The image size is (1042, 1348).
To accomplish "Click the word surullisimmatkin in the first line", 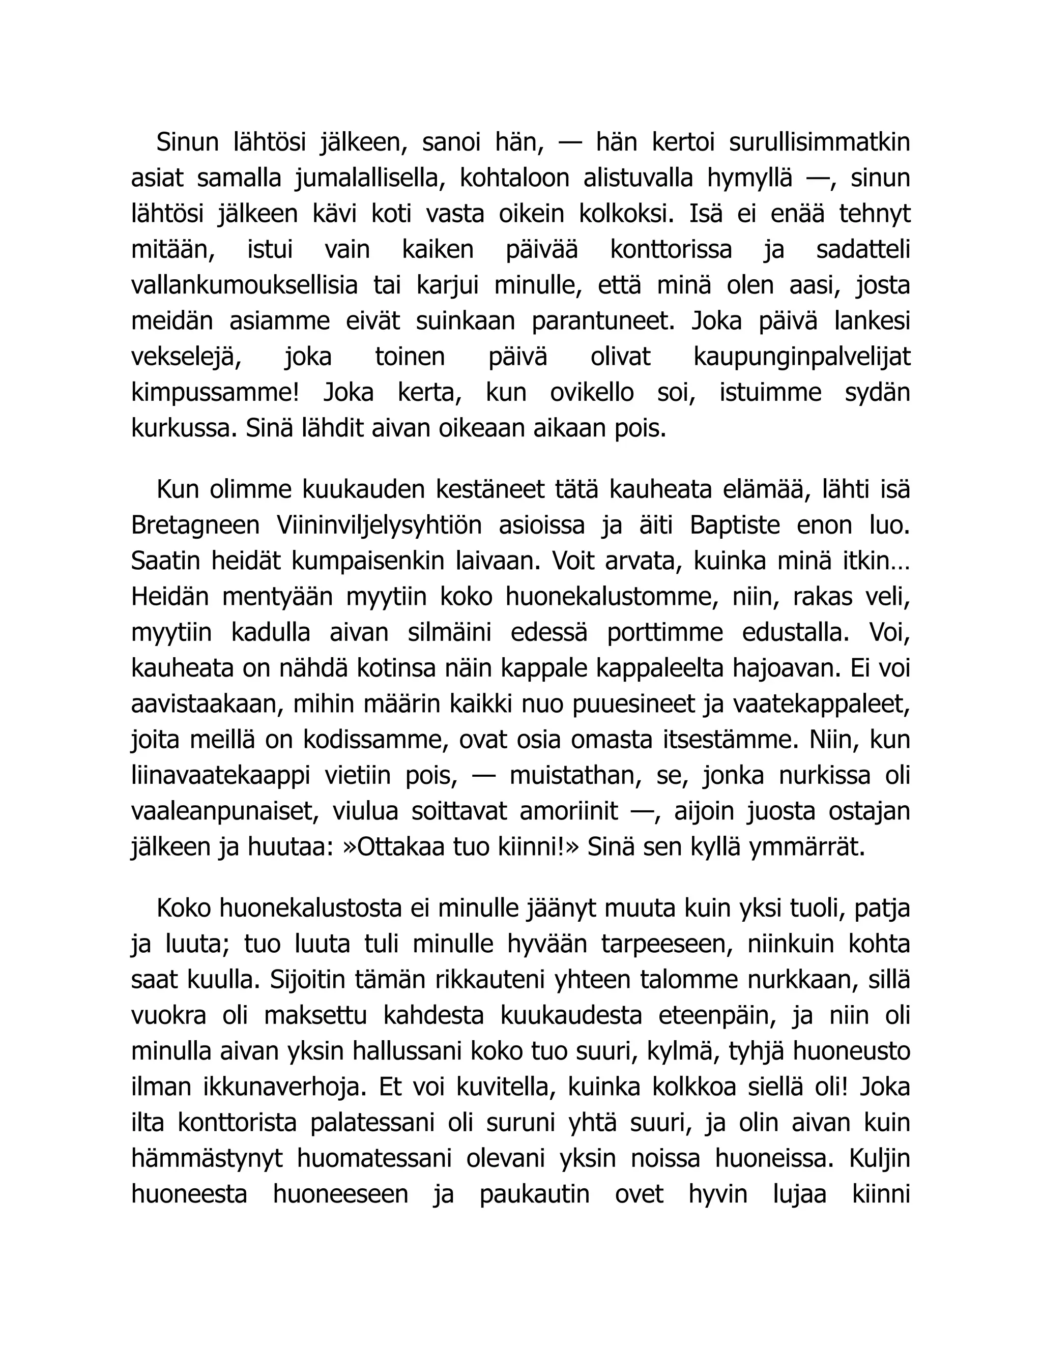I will pos(819,142).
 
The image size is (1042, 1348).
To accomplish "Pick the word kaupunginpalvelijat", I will pos(802,358).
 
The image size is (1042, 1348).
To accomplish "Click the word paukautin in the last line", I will pos(535,1194).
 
